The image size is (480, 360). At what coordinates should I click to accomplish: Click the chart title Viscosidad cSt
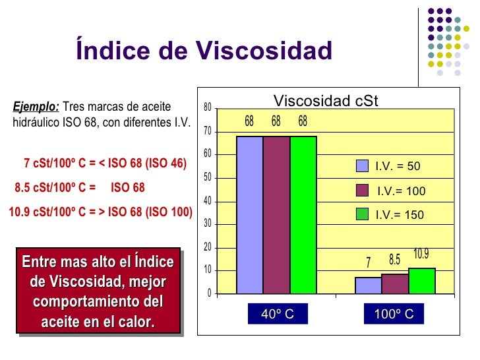click(x=326, y=101)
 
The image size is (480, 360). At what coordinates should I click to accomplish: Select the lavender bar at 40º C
click(x=249, y=214)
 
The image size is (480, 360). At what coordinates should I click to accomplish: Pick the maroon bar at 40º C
click(x=276, y=214)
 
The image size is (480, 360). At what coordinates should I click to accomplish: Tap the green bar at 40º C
click(x=303, y=214)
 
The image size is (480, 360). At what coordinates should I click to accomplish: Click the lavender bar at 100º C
click(x=368, y=285)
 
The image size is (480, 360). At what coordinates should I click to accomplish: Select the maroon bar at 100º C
click(x=395, y=284)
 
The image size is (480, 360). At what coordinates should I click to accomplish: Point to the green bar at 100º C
click(x=422, y=281)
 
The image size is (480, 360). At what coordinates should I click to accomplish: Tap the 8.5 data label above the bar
click(x=395, y=260)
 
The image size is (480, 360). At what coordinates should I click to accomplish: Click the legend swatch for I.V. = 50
click(x=362, y=166)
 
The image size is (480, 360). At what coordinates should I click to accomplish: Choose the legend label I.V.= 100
click(x=401, y=191)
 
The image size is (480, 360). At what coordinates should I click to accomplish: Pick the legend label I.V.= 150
click(x=400, y=215)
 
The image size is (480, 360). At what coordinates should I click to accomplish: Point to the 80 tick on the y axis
click(x=207, y=107)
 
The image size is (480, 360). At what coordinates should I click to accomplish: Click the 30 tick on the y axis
click(x=207, y=224)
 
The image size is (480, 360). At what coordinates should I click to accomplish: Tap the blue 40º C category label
click(x=277, y=315)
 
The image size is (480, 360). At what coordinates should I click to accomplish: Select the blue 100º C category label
click(x=394, y=315)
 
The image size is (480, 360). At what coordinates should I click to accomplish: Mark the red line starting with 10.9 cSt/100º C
click(x=100, y=212)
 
